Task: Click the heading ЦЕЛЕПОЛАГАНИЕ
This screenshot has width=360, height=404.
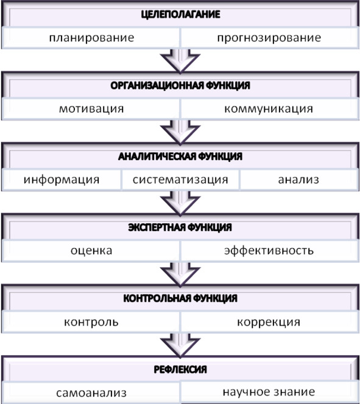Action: pos(180,15)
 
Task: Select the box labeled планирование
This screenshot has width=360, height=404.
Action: pos(91,38)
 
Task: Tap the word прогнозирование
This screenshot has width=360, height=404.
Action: pos(269,38)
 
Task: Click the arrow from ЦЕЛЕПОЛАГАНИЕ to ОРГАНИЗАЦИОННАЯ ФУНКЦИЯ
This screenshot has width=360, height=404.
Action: pos(180,61)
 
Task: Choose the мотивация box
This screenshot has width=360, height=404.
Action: pos(91,109)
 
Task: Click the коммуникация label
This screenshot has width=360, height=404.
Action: pos(269,109)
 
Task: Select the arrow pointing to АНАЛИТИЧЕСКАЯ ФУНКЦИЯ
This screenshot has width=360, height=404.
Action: pos(180,132)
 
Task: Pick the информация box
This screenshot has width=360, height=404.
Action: pos(62,179)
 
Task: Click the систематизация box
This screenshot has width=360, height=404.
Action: pos(180,179)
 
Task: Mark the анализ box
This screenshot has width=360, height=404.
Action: pos(299,179)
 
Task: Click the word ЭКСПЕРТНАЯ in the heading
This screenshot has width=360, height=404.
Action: pos(157,228)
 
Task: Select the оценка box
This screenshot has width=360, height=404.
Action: pos(91,251)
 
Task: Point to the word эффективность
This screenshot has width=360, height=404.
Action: pos(269,251)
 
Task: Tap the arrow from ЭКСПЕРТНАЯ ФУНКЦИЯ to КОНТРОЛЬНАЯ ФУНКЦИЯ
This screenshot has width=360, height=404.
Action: pos(180,274)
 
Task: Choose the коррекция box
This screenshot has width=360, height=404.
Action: pos(269,322)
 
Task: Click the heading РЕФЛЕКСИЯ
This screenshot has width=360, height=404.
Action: pos(180,370)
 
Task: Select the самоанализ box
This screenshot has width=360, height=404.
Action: pos(91,393)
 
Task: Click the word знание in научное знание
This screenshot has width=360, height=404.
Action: pos(294,392)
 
